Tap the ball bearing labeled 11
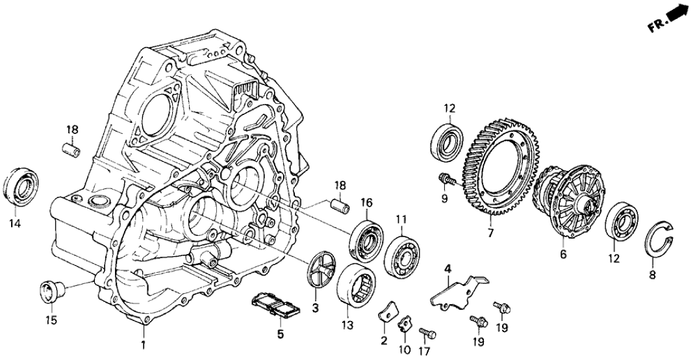403,253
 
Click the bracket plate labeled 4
459,289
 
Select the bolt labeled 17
425,333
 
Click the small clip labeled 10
405,322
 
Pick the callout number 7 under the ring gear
490,232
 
